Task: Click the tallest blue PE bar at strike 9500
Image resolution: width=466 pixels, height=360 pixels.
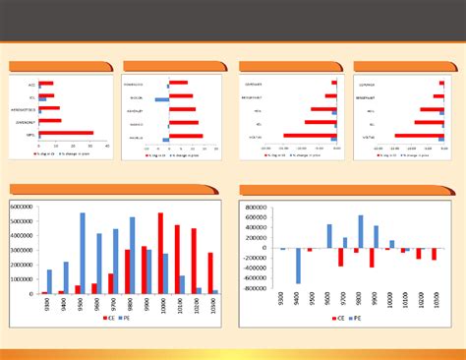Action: click(83, 253)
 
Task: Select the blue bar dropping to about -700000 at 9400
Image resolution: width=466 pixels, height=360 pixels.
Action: click(298, 266)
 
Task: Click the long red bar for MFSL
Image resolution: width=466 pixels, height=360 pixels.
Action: click(66, 132)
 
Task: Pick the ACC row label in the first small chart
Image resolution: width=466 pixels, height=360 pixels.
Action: click(30, 83)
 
